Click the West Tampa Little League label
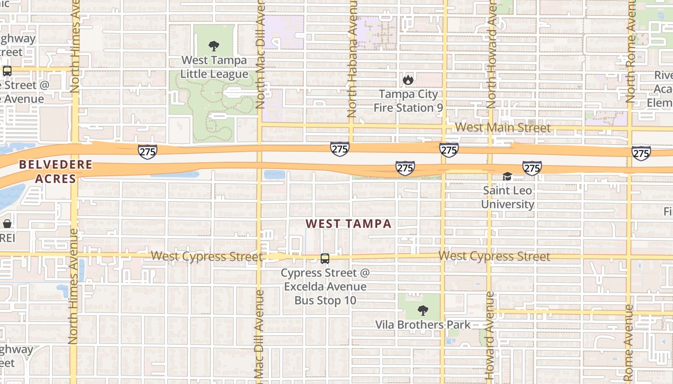[214, 67]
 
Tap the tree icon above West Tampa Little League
[214, 46]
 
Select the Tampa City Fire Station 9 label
[408, 101]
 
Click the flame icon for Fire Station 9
[408, 79]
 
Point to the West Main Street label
[503, 128]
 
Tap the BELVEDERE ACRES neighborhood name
[55, 172]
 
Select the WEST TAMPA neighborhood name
[349, 224]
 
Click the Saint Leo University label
[508, 197]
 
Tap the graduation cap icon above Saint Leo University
[507, 177]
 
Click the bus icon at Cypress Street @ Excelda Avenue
[325, 259]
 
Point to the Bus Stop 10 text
[325, 300]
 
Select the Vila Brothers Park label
[423, 325]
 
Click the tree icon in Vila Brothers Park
[423, 311]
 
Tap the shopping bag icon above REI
[7, 224]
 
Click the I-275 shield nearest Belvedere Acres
[147, 152]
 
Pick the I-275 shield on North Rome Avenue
[641, 154]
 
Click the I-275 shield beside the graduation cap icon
[532, 168]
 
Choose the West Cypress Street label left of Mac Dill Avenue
[207, 256]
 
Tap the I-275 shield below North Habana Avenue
[339, 149]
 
